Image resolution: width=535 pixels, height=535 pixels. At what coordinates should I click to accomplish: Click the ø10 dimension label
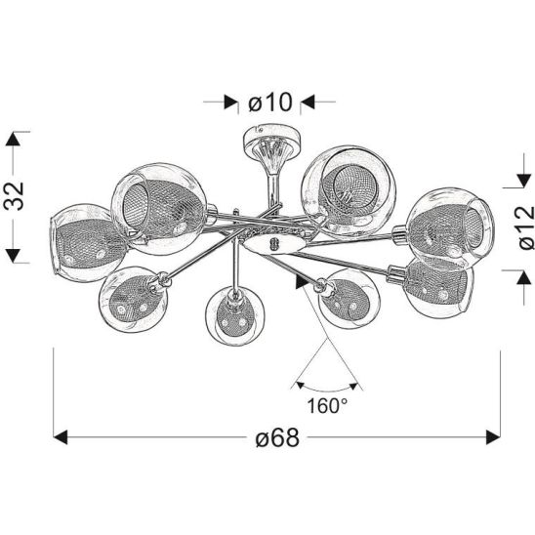pyautogui.click(x=270, y=102)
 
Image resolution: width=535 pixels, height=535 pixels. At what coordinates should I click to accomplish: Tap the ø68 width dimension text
pyautogui.click(x=277, y=437)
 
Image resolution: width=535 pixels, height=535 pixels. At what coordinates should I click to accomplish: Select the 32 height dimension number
pyautogui.click(x=15, y=196)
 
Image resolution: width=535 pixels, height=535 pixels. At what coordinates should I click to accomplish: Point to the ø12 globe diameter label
pyautogui.click(x=525, y=227)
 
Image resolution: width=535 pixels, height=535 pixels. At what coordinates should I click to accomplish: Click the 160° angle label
pyautogui.click(x=327, y=406)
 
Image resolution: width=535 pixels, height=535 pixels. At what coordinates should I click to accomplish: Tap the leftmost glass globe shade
pyautogui.click(x=85, y=243)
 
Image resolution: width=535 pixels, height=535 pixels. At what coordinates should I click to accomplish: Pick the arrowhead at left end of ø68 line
pyautogui.click(x=61, y=437)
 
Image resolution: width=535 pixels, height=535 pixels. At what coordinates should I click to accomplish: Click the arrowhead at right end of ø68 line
pyautogui.click(x=493, y=437)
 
